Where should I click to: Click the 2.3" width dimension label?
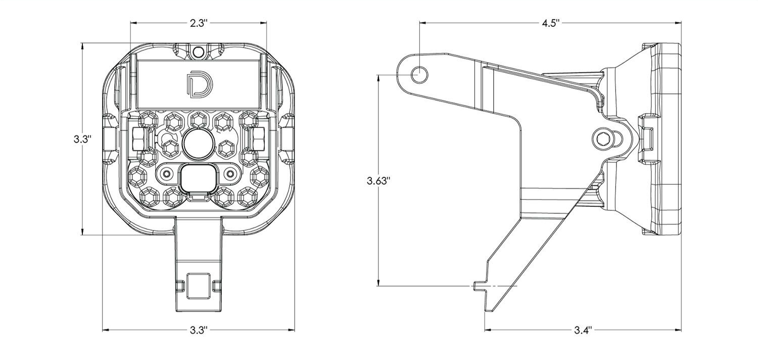pos(199,23)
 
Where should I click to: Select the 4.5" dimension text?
pos(550,23)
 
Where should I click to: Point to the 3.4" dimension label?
pos(583,330)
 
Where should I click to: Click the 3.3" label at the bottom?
pos(199,330)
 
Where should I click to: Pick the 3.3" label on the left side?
pos(82,139)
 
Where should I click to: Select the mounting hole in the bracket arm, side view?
pos(419,74)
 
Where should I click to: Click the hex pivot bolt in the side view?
pos(603,138)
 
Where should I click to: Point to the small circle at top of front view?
pos(198,51)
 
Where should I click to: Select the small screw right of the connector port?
pos(230,174)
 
